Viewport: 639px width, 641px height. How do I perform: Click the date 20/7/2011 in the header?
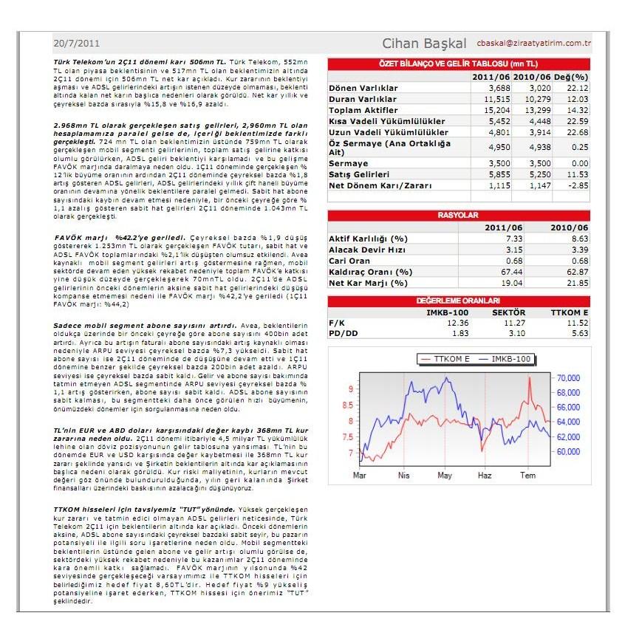click(77, 43)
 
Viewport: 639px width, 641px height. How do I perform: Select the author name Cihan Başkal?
click(425, 43)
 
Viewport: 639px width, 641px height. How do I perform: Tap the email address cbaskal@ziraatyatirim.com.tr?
click(535, 44)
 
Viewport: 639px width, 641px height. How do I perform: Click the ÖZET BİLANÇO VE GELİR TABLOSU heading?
click(458, 64)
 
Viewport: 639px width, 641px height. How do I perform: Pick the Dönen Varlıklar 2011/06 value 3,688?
click(492, 88)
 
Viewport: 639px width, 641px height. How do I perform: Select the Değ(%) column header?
click(571, 77)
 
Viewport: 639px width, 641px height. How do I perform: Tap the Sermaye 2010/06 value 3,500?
click(534, 163)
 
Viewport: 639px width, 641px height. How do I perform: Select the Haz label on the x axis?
click(485, 475)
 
